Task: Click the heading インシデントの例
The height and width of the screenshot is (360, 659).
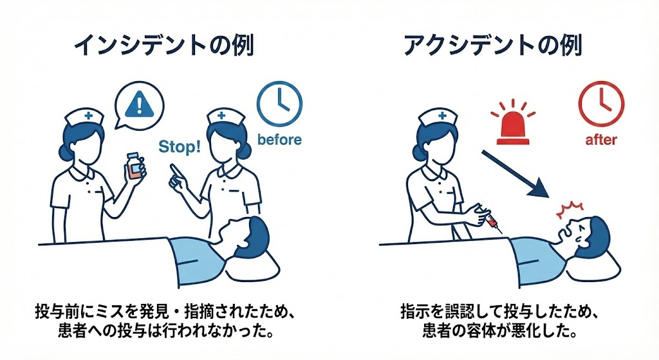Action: click(x=164, y=46)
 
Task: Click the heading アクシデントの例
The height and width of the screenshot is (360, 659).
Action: click(x=493, y=46)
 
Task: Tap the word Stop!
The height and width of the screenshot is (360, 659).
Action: click(x=180, y=147)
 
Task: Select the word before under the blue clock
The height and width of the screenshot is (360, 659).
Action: click(x=279, y=140)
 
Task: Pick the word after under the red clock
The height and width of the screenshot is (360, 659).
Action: click(x=601, y=140)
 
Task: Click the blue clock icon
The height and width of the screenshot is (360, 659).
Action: click(x=279, y=104)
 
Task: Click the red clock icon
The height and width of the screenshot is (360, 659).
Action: click(x=601, y=104)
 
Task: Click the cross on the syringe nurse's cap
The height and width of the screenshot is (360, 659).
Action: click(x=441, y=116)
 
